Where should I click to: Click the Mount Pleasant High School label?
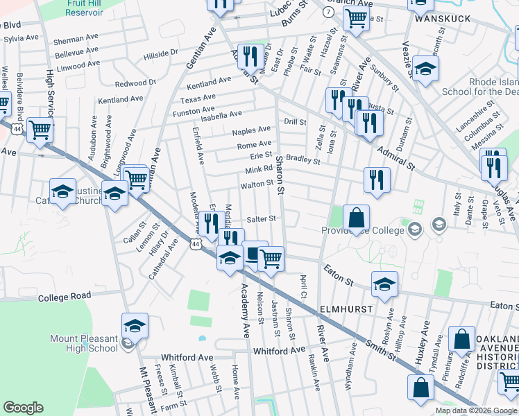[x=83, y=343]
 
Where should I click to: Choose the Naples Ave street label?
[x=251, y=130]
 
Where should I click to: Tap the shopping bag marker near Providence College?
[x=356, y=218]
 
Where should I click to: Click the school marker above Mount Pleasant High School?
[x=135, y=326]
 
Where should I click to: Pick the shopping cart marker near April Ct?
[x=271, y=259]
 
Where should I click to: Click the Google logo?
[x=23, y=408]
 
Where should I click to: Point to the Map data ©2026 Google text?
[x=475, y=410]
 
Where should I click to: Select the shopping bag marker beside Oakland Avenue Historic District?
[x=461, y=340]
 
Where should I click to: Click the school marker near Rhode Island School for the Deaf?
[x=425, y=69]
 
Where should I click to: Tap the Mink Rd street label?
[x=259, y=171]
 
